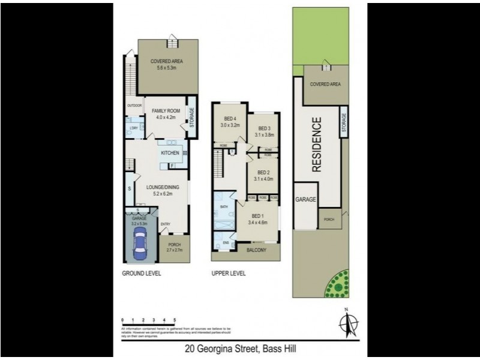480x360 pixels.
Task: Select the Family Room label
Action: coord(166,114)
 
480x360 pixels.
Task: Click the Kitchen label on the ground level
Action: coord(169,154)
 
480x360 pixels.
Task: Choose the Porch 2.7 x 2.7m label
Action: coord(174,247)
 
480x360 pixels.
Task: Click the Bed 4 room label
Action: coord(230,122)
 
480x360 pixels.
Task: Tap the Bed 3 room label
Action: coord(265,132)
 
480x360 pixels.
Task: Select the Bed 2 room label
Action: coord(263,175)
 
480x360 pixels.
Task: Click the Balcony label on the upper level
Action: coord(256,250)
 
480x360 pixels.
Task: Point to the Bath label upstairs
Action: coord(224,207)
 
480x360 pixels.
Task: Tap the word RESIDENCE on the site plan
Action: coord(317,145)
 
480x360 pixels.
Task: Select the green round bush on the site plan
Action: coord(338,284)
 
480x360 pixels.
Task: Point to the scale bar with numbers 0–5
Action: coord(148,322)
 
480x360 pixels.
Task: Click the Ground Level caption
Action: coord(142,273)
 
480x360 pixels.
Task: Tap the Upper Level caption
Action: coord(229,273)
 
